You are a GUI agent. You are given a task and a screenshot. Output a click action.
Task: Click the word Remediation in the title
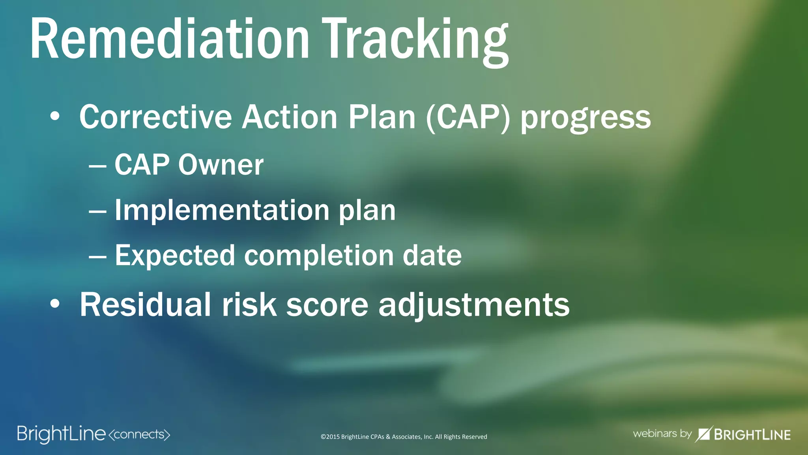tap(170, 39)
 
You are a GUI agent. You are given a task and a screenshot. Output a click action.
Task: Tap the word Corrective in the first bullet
tap(155, 117)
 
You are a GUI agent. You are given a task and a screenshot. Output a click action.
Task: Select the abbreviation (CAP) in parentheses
tap(468, 117)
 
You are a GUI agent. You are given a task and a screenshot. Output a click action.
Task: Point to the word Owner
tap(221, 164)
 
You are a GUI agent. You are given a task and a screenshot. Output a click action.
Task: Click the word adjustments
tap(474, 305)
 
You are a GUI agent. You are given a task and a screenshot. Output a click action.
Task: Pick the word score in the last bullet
tap(327, 305)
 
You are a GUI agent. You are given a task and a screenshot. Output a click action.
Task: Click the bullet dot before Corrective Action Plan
tap(55, 117)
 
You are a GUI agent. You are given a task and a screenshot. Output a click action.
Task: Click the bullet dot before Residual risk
tap(55, 304)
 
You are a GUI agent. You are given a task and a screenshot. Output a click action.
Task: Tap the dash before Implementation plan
tap(97, 211)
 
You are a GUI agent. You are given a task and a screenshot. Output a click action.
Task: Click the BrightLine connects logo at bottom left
tap(93, 434)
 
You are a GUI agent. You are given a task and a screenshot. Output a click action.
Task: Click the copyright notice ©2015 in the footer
tap(404, 437)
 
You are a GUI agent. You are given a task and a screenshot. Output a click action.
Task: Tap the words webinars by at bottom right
tap(662, 434)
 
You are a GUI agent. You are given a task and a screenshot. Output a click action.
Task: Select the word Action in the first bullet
tap(290, 117)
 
